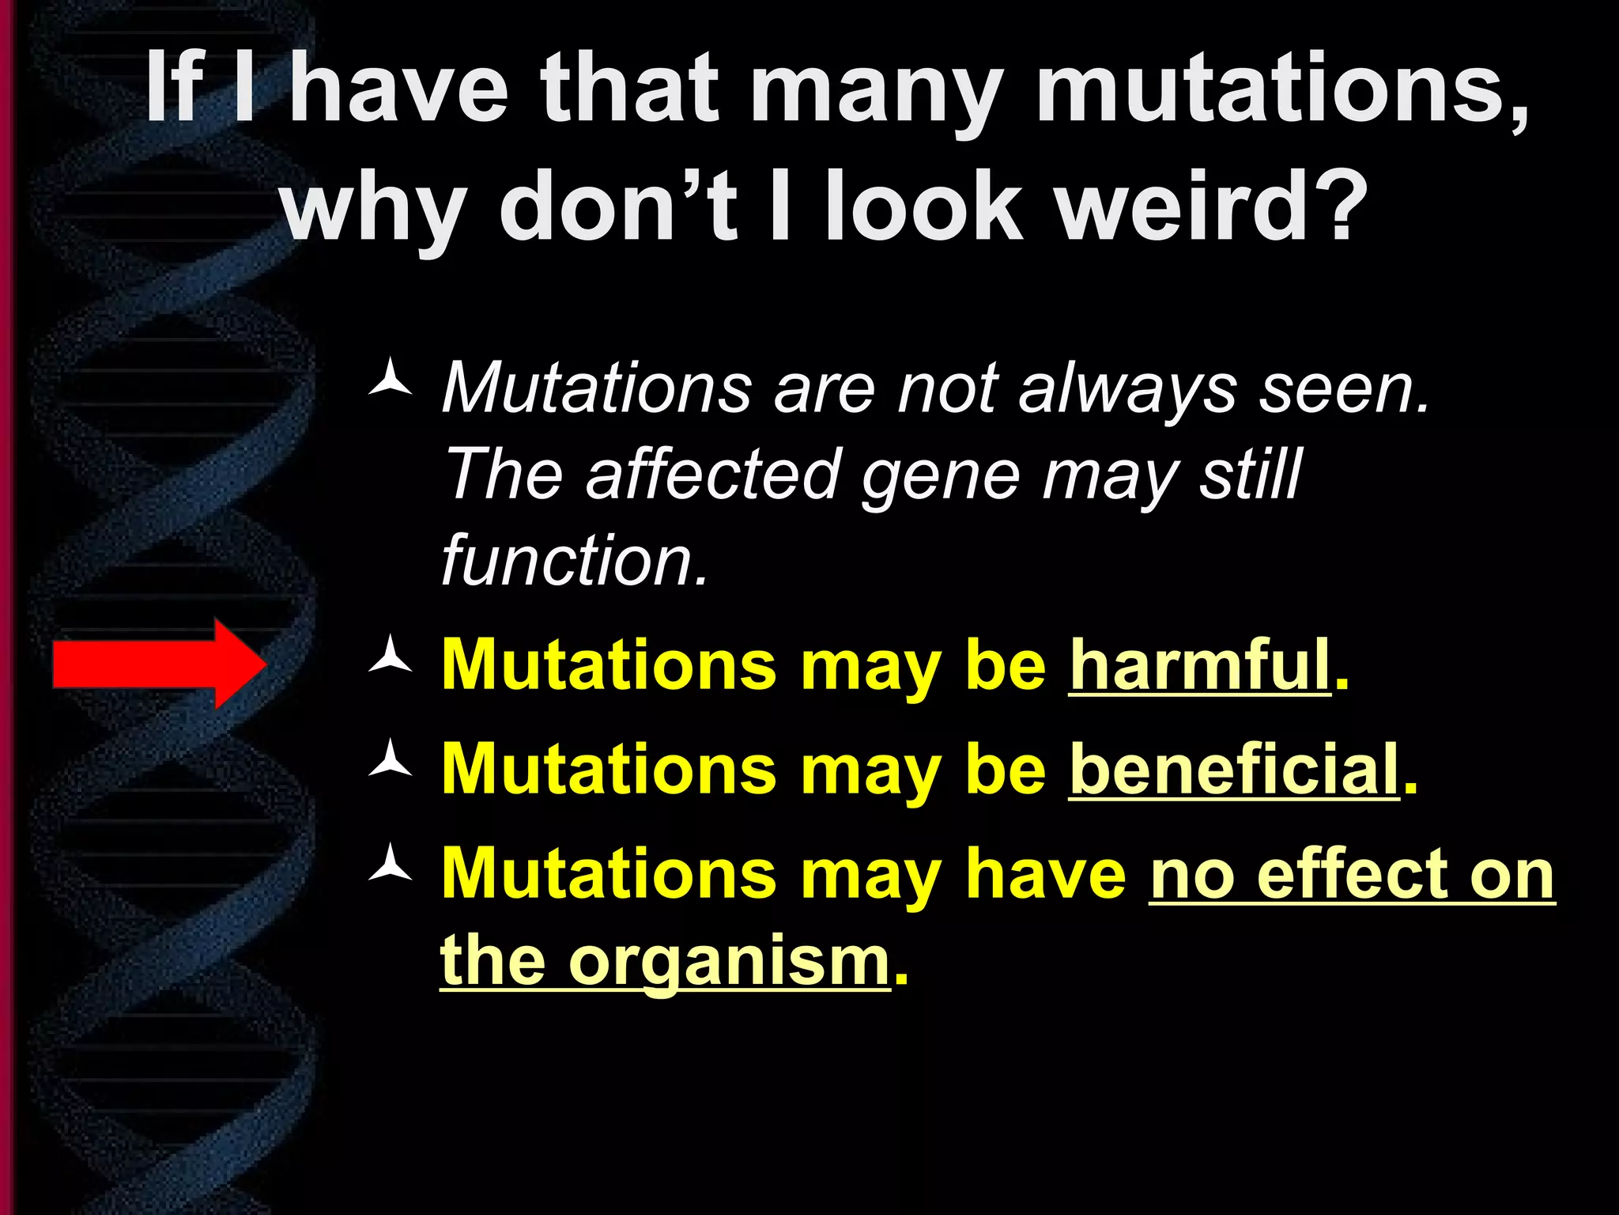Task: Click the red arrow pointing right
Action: click(158, 664)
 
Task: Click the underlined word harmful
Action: click(1199, 665)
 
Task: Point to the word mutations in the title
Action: click(1281, 89)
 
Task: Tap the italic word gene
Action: click(941, 475)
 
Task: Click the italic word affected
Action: click(711, 475)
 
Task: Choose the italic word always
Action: click(1127, 388)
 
